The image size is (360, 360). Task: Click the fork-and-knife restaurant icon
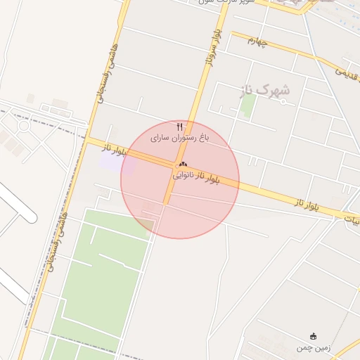click(x=180, y=127)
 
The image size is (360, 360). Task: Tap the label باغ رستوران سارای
click(x=180, y=139)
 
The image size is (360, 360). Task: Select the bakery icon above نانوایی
click(x=183, y=164)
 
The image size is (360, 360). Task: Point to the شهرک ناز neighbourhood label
click(x=269, y=91)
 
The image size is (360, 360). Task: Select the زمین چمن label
click(x=314, y=347)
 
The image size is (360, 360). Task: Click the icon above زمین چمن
click(x=314, y=336)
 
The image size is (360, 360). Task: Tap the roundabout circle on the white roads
click(x=23, y=126)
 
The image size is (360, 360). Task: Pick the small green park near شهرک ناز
click(x=247, y=105)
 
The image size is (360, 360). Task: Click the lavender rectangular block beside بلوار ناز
click(x=117, y=162)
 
